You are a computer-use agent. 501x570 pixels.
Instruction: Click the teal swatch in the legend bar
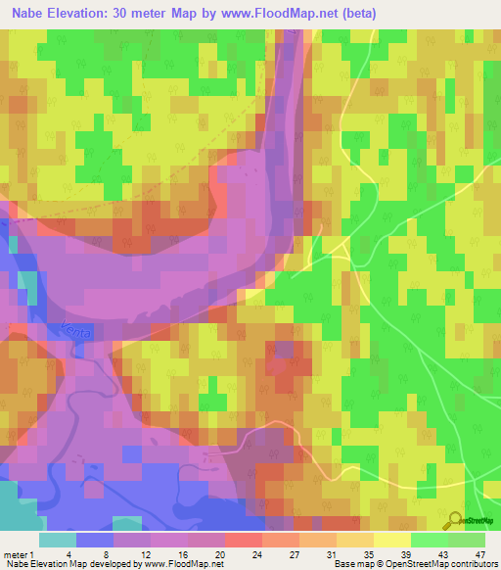tap(58, 540)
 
